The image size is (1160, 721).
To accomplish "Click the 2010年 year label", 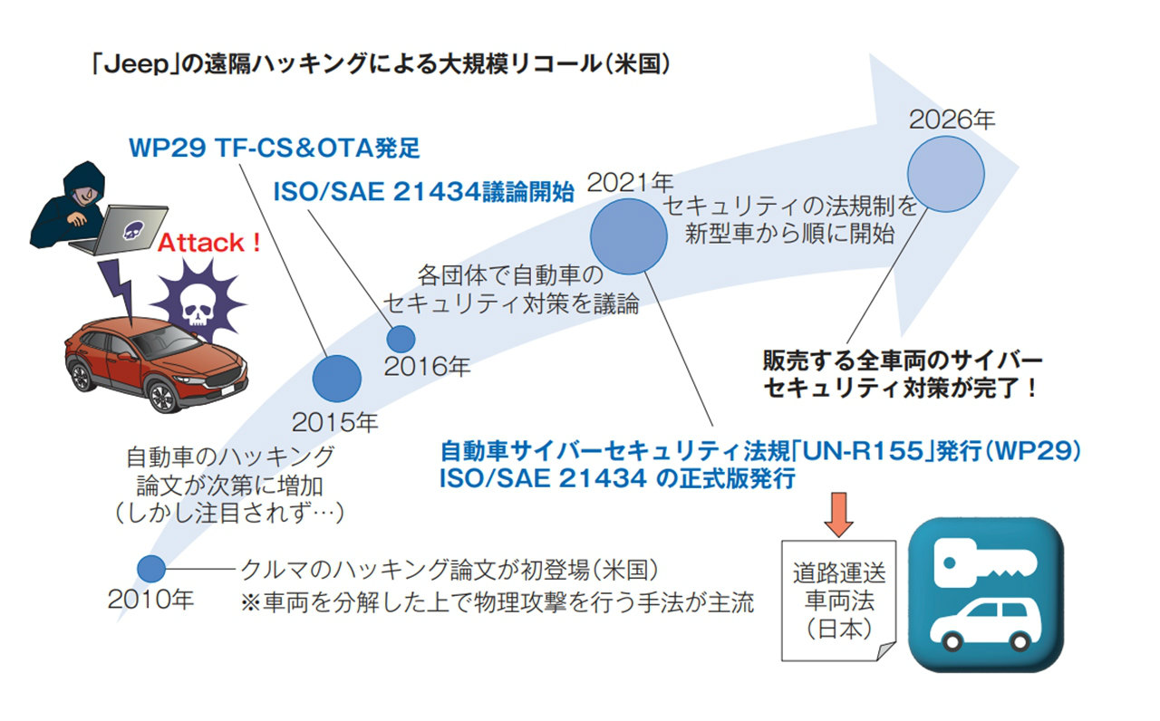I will [x=150, y=600].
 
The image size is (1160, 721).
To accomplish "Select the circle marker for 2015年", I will [x=336, y=378].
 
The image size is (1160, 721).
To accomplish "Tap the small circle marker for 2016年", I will [x=401, y=338].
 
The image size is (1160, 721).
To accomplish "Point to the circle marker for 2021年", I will [x=625, y=234].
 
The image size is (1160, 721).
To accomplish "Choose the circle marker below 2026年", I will [x=945, y=175].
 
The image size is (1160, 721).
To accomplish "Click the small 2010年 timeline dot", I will [x=151, y=569].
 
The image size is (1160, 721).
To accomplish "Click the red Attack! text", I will [x=209, y=243].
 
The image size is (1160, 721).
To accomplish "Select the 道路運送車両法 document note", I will [x=839, y=600].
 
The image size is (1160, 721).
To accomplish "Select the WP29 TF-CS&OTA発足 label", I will [x=274, y=148].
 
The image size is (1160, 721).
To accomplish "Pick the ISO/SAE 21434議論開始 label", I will [x=423, y=191].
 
